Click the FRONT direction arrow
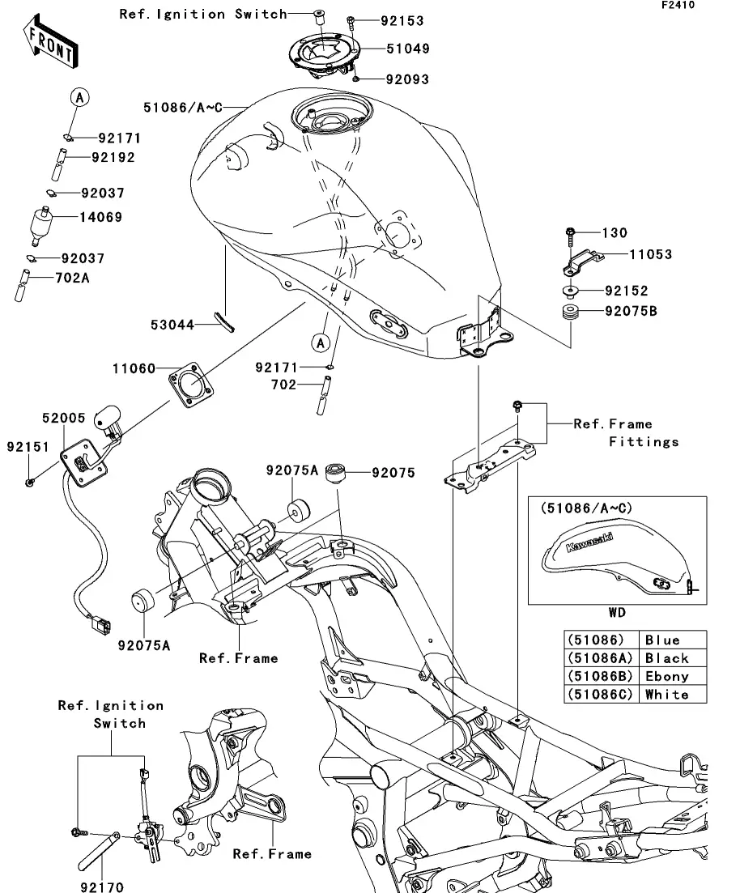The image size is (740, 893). (x=49, y=45)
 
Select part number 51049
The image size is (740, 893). (x=407, y=49)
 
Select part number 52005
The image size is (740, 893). (x=64, y=418)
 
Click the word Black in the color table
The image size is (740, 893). (x=667, y=658)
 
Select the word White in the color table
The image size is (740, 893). (x=667, y=695)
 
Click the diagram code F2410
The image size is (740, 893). (x=700, y=5)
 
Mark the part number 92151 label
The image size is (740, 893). (x=28, y=447)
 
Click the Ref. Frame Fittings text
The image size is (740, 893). (x=626, y=432)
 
